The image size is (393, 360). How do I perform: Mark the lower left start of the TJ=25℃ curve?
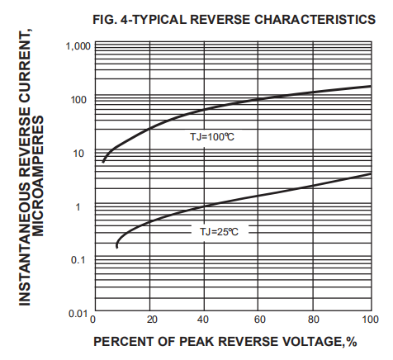coord(117,246)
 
